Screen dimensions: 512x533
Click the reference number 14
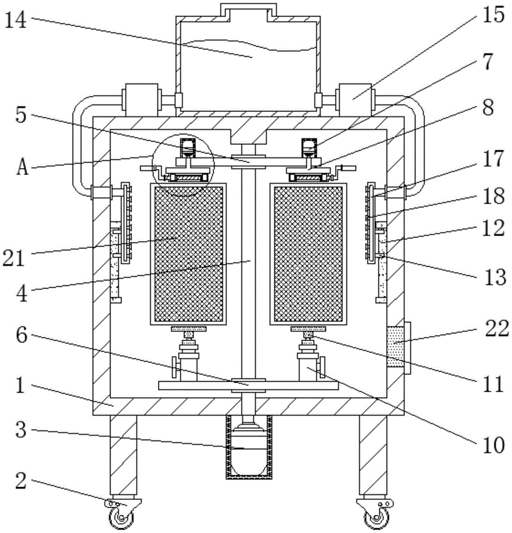[x=15, y=20]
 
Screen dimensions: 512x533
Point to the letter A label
[x=22, y=167]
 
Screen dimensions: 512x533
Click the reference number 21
[x=14, y=258]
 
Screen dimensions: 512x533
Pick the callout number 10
[x=494, y=445]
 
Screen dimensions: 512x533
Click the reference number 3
[x=21, y=430]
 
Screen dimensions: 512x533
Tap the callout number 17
[x=493, y=159]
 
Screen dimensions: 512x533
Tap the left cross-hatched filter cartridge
[x=188, y=254]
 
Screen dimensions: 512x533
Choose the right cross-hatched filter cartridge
[x=308, y=254]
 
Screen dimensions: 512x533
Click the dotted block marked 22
[x=395, y=346]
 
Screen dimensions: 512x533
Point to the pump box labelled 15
[x=354, y=100]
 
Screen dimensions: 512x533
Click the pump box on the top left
[x=141, y=100]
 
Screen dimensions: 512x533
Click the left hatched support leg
[x=123, y=455]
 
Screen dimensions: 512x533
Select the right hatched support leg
[x=373, y=455]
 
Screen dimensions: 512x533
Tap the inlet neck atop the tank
[x=248, y=11]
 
